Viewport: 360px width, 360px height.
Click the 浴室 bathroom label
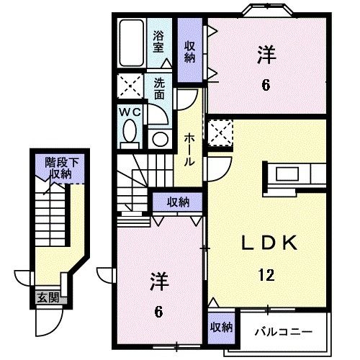pyautogui.click(x=159, y=41)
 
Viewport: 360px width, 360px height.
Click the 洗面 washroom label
pyautogui.click(x=159, y=89)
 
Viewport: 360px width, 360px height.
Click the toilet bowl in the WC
pyautogui.click(x=130, y=132)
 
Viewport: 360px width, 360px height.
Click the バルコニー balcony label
pyautogui.click(x=283, y=332)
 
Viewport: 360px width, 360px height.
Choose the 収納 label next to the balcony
pyautogui.click(x=222, y=327)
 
